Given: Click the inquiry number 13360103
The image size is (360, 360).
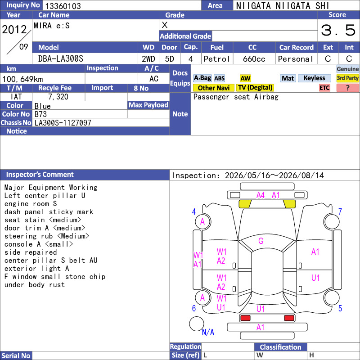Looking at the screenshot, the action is pyautogui.click(x=63, y=6).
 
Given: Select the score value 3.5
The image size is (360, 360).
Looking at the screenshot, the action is pyautogui.click(x=338, y=30).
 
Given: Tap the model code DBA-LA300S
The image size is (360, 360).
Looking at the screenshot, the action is pyautogui.click(x=61, y=59).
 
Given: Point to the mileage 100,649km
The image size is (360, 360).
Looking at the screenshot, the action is pyautogui.click(x=22, y=79).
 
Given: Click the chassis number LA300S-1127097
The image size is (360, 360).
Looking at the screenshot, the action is pyautogui.click(x=63, y=122).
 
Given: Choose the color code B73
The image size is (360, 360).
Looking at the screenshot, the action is pyautogui.click(x=40, y=114).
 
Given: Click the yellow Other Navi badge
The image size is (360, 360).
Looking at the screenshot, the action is pyautogui.click(x=213, y=88).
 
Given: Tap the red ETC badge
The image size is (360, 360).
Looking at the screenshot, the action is pyautogui.click(x=324, y=88).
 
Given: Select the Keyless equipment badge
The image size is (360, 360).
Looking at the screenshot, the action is pyautogui.click(x=314, y=78).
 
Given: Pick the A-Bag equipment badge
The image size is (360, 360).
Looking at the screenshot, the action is pyautogui.click(x=202, y=78).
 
